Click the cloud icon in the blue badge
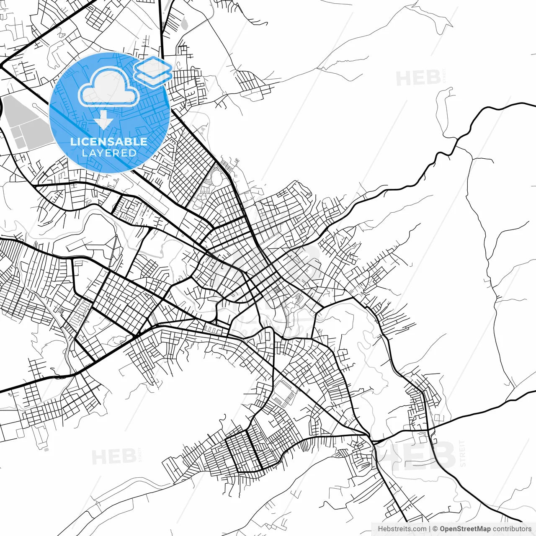coord(109,87)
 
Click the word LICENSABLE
coord(109,142)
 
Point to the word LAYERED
coord(109,153)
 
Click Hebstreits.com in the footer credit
coord(402,529)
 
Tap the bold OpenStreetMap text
coord(465,529)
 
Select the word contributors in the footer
coord(512,529)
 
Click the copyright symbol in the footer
coord(435,529)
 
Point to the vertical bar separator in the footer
coord(430,529)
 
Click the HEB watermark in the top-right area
coord(418,78)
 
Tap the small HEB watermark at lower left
coord(113,457)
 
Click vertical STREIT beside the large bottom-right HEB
coord(462,454)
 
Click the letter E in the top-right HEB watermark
coord(418,78)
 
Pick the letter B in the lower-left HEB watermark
coord(129,457)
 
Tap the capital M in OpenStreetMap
coord(481,529)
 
